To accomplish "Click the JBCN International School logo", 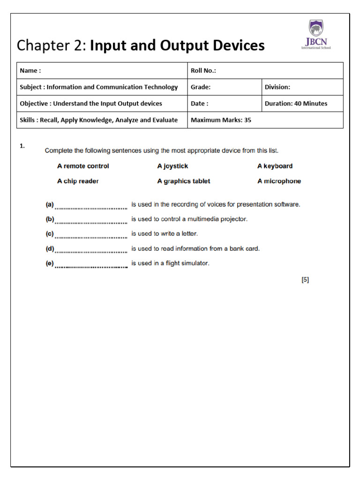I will pos(316,35).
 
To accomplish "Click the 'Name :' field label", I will pos(30,71).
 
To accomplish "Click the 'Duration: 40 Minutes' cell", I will pos(296,104).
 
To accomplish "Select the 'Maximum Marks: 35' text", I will pos(221,120).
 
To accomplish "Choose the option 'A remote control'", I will pos(83,166).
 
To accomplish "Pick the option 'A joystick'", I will pos(172,166).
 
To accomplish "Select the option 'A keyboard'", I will pos(275,166).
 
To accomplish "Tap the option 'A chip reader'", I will pos(78,181).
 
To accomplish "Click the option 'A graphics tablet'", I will pos(184,181).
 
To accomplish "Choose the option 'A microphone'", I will pos(279,181).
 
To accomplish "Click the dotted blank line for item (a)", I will pos(91,206).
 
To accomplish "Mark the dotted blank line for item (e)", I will pos(91,265).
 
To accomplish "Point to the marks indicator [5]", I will pos(305,280).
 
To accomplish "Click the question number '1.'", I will pos(22,146).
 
